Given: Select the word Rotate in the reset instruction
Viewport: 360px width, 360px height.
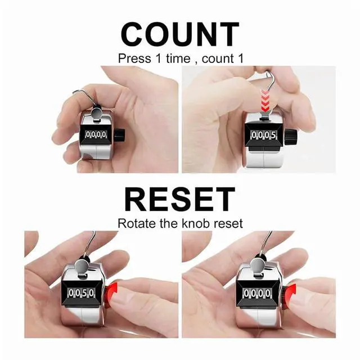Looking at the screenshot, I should click(x=134, y=223).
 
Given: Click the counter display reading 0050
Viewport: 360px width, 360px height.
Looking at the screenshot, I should click(x=82, y=293).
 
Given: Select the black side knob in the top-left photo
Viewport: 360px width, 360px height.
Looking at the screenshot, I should click(x=120, y=135).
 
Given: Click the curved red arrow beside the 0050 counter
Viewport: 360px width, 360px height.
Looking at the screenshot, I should click(x=112, y=292).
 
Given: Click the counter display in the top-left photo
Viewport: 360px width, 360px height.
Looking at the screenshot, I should click(x=96, y=135).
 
